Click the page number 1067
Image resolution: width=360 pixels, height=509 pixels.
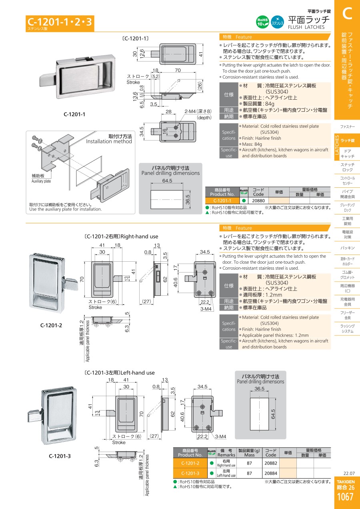pos(345,497)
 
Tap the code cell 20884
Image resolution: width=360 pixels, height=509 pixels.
pos(271,473)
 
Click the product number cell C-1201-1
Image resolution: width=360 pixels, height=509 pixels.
pos(222,200)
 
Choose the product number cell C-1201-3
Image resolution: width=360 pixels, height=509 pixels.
pos(190,473)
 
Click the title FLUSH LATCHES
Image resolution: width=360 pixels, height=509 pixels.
pos(306,27)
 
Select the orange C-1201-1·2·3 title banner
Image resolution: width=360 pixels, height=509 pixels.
pos(60,23)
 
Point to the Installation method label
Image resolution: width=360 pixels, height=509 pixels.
pos(109,141)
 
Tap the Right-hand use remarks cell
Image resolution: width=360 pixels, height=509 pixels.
pos(226,463)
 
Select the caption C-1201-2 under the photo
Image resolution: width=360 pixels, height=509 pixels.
pos(51,325)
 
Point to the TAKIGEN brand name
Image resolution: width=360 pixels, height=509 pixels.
pos(345,481)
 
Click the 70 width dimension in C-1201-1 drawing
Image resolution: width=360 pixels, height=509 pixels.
pos(178,70)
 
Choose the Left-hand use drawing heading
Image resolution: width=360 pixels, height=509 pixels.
pos(120,373)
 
